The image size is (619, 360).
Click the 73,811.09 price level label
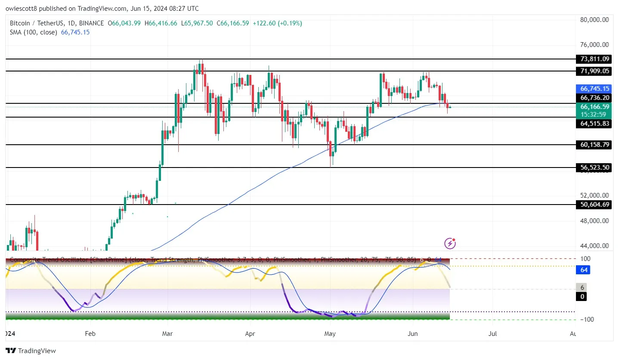593,59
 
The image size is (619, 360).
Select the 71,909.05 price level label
593,71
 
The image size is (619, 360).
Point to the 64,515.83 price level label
593,124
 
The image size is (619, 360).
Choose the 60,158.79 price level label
593,145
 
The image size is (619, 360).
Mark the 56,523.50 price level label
593,168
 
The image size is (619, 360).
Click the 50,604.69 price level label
593,205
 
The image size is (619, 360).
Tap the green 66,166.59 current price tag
593,107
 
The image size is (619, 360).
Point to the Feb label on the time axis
90,333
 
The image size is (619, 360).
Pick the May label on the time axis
330,333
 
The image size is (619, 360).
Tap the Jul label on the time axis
493,333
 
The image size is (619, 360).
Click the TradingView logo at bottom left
31,351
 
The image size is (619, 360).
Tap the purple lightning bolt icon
450,244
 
